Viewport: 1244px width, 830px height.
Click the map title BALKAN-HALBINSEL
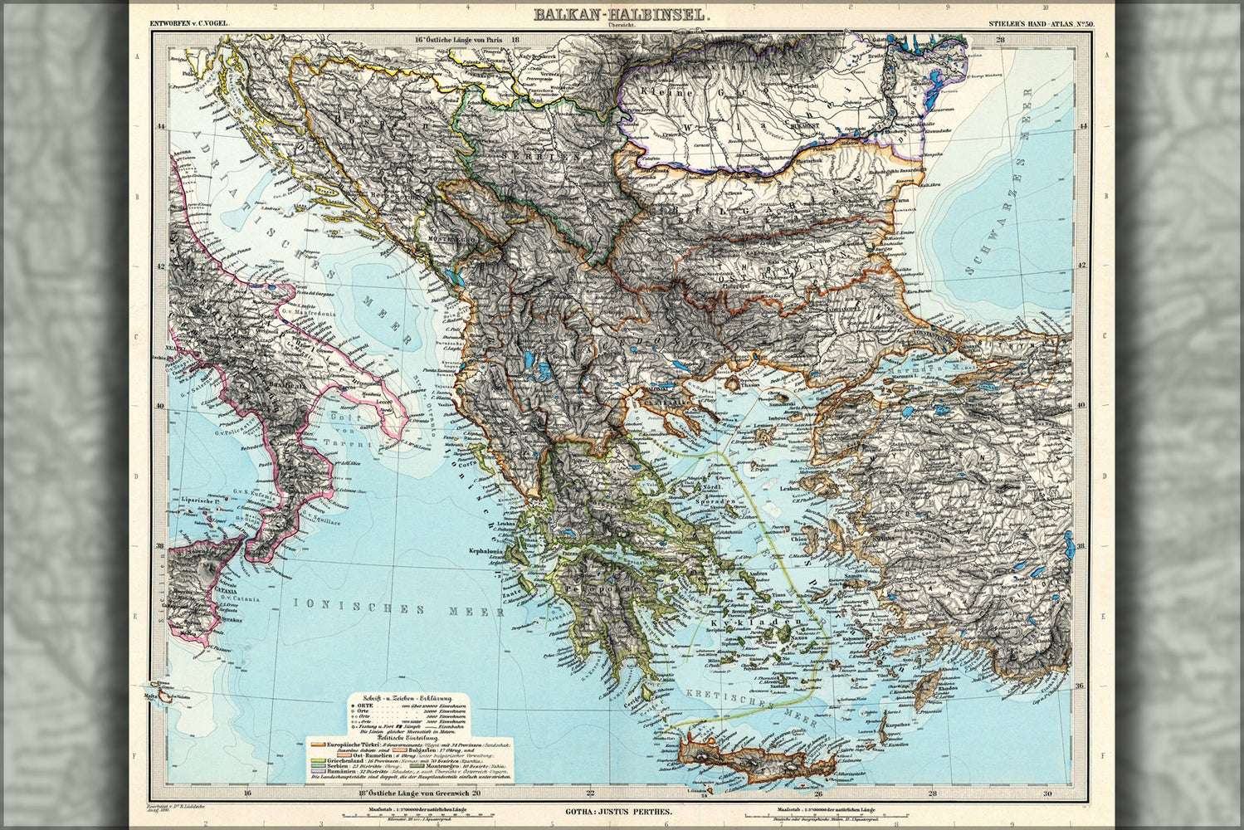tap(621, 14)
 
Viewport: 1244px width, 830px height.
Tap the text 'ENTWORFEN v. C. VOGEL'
tap(189, 27)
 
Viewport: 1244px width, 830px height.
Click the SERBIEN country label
tap(525, 155)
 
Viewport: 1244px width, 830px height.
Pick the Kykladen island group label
tap(752, 621)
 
